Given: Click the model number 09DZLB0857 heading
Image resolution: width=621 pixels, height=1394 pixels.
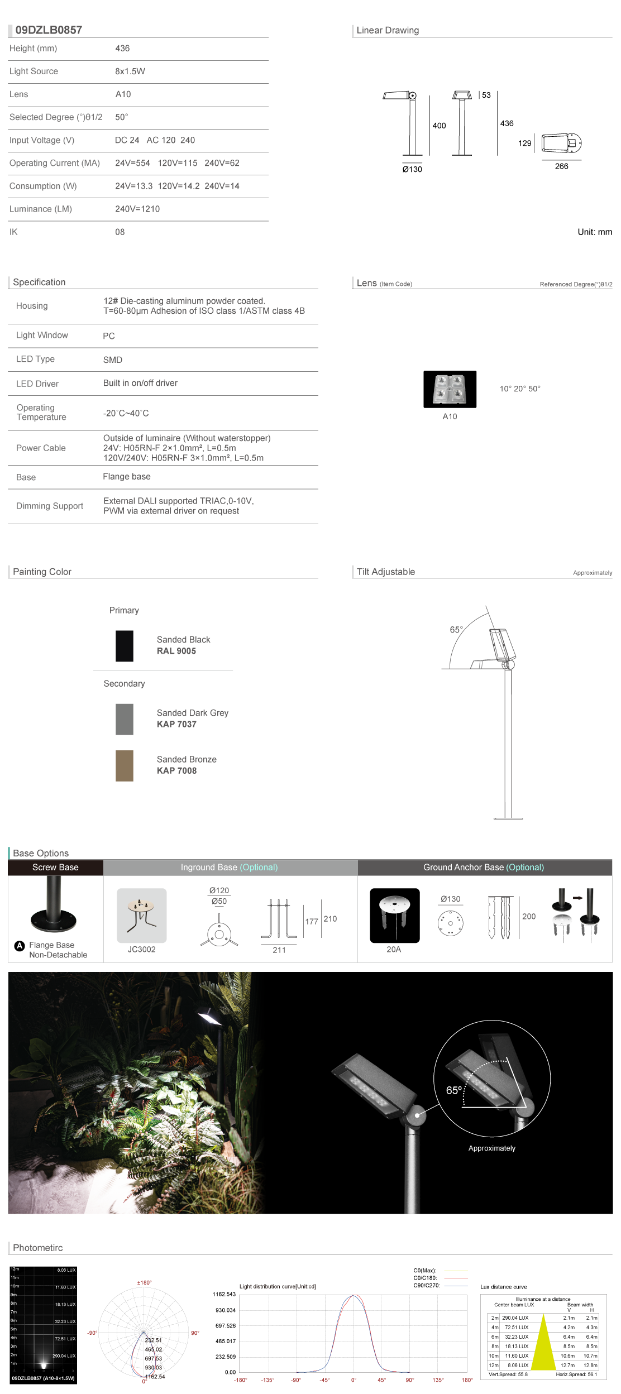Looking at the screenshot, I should click(x=49, y=30).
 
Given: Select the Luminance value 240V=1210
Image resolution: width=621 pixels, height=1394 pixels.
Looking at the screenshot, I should click(x=137, y=209).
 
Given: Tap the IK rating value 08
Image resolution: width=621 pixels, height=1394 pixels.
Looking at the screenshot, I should click(x=120, y=232).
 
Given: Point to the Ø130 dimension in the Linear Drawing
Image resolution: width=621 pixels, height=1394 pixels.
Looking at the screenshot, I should click(x=412, y=169).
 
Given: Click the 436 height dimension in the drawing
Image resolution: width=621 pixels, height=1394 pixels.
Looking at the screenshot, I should click(x=507, y=123).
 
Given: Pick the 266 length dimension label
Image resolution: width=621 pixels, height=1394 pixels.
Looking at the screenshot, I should click(x=561, y=166).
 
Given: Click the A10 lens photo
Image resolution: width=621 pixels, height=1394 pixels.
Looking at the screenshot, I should click(x=450, y=389).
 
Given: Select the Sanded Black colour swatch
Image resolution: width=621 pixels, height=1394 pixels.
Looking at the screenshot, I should click(x=125, y=646).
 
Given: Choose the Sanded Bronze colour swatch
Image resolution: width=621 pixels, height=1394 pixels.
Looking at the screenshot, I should click(x=125, y=765).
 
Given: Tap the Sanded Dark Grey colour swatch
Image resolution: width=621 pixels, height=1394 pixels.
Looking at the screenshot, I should click(x=125, y=719).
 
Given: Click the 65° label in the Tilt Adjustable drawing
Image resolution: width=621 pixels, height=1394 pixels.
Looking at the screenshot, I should click(x=456, y=630).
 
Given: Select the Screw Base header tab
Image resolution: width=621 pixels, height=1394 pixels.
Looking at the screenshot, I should click(x=55, y=867).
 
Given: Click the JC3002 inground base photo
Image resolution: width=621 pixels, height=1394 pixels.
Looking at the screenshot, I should click(x=142, y=915).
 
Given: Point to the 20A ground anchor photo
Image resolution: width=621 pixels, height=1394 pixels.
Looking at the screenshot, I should click(x=394, y=915).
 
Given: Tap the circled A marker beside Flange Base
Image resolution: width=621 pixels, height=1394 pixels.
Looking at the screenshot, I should click(x=20, y=945).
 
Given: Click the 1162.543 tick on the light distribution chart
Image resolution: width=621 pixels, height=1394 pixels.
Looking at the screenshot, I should click(x=224, y=1294).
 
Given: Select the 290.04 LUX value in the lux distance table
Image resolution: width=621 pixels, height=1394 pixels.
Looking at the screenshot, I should click(x=515, y=1318).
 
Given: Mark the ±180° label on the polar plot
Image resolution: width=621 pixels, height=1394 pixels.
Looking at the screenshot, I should click(x=145, y=1282).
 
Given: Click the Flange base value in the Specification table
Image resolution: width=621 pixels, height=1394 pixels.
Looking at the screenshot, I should click(x=127, y=476).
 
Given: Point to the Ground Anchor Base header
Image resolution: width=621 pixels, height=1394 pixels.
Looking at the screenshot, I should click(x=484, y=867).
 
